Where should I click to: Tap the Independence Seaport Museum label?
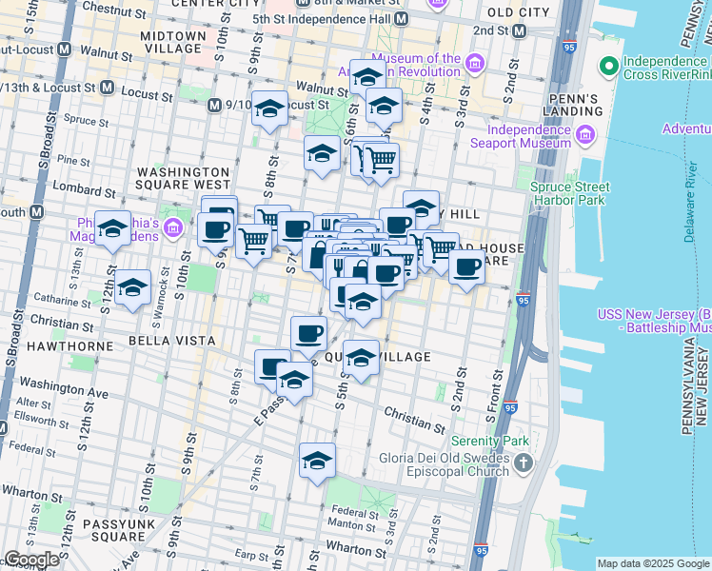click(x=528, y=136)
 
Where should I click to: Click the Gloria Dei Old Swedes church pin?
click(x=523, y=463)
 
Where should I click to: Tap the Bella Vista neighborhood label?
click(x=174, y=340)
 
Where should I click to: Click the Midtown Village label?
click(x=172, y=42)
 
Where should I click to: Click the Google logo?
click(x=31, y=560)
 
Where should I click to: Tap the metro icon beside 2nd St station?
click(x=519, y=30)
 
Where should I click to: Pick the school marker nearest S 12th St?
click(x=133, y=286)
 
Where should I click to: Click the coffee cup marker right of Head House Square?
click(x=466, y=269)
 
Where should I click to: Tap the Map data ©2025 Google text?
click(x=652, y=563)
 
